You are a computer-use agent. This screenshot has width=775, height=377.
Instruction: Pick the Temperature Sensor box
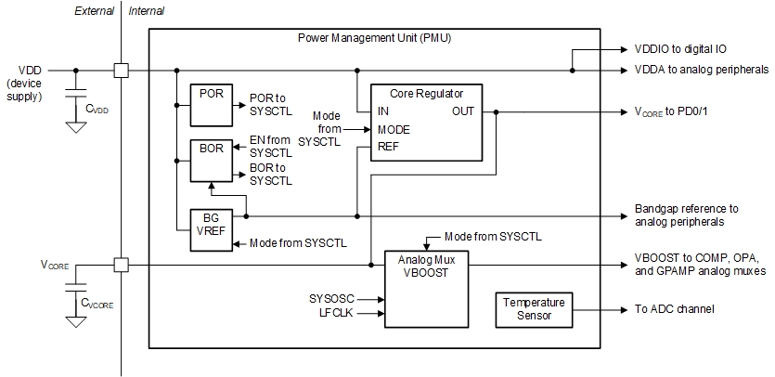point(534,309)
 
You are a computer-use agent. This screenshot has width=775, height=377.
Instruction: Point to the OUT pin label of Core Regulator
point(463,111)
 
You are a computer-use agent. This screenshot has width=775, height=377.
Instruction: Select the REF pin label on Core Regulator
point(389,147)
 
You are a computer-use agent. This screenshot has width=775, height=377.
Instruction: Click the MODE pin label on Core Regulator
point(394,129)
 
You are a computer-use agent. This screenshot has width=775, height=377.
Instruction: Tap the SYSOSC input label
point(331,299)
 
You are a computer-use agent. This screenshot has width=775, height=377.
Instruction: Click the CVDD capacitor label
point(97,109)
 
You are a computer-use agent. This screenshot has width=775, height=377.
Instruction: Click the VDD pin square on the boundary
point(121,70)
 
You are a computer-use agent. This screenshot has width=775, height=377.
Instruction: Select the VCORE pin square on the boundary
point(121,265)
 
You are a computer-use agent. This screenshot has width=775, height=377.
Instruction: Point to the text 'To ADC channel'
point(676,308)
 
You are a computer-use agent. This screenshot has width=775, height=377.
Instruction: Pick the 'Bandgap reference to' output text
point(686,209)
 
